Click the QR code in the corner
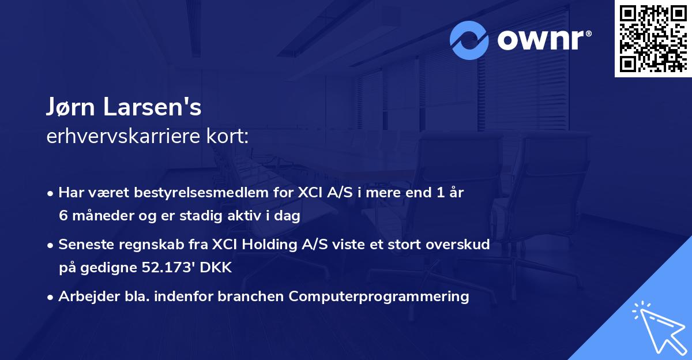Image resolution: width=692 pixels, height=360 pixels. point(653,39)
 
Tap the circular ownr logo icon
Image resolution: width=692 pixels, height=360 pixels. point(469,40)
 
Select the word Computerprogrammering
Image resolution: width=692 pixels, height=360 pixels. point(379,297)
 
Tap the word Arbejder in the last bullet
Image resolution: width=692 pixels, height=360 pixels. point(84,297)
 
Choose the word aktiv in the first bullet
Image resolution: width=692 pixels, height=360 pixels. point(253,216)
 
